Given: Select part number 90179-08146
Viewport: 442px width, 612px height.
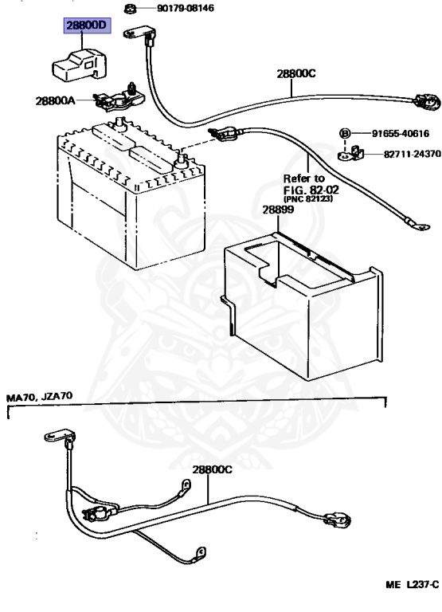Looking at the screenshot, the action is [186, 8].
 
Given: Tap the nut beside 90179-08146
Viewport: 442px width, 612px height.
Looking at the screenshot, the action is [130, 8].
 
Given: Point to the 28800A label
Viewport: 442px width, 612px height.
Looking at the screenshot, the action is [55, 100].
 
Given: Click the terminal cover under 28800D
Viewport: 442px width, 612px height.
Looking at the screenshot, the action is [79, 65].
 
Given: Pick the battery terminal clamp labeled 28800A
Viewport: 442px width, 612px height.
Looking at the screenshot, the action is [119, 97].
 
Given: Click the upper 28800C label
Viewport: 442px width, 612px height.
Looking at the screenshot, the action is [296, 73].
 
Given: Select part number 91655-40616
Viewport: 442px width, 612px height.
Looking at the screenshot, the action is [401, 134].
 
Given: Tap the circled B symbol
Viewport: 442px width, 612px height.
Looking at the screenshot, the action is [345, 134].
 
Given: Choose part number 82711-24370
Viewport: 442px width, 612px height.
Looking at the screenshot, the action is [413, 154].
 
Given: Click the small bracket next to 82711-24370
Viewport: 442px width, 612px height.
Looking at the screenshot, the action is [350, 153].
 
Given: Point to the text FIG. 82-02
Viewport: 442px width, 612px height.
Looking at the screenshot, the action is [311, 190].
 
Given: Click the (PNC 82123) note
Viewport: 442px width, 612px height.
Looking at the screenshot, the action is [308, 198].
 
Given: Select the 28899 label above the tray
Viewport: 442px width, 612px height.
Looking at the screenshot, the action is [278, 210].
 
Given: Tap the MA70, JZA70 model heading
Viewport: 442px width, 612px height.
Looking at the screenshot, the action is [39, 397].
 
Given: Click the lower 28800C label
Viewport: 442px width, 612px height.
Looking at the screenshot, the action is [212, 469].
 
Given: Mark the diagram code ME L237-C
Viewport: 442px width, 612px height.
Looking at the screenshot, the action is [413, 584].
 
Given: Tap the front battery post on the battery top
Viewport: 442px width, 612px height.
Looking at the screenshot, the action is [181, 160].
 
